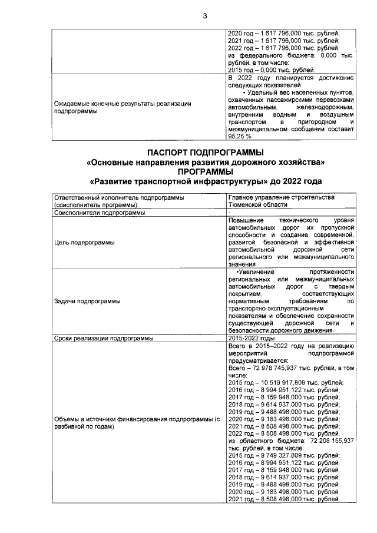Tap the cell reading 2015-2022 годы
[x=252, y=339]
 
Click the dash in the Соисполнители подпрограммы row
[x=229, y=213]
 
